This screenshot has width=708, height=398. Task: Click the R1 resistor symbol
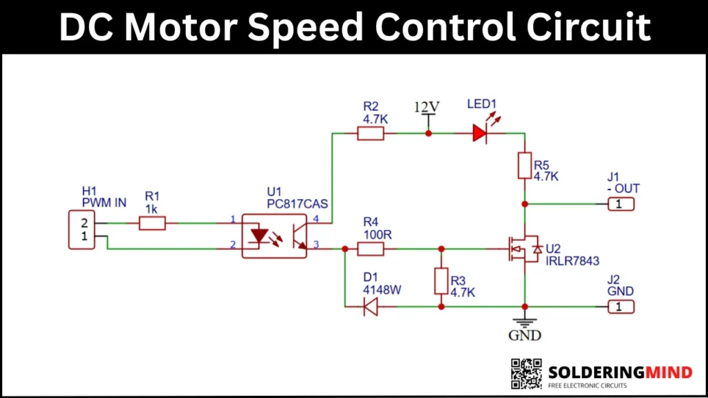[152, 223]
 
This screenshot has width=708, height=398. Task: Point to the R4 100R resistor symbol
[371, 248]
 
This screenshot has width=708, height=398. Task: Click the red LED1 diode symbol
[480, 133]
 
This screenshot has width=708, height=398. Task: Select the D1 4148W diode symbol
[371, 306]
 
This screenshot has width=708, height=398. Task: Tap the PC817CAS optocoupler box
[274, 236]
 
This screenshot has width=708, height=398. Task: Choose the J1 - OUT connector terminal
[620, 204]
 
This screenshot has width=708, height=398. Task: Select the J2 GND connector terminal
[620, 306]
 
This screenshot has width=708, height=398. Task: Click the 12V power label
[427, 107]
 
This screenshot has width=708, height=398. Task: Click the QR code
[526, 373]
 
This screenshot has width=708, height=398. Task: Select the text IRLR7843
[571, 261]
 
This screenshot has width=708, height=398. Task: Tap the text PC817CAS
[297, 204]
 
